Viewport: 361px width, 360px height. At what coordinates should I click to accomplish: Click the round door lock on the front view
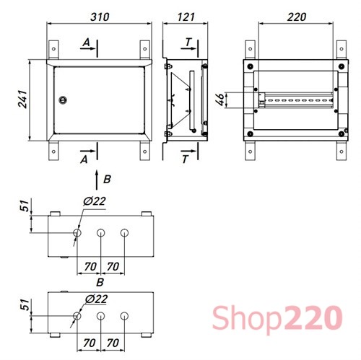coord(62,101)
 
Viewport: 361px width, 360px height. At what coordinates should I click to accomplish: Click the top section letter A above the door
coord(85,44)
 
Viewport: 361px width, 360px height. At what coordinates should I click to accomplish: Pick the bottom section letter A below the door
coord(85,157)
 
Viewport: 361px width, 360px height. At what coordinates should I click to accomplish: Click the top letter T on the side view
coord(186,44)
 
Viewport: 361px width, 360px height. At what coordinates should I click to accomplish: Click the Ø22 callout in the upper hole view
coord(95,201)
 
